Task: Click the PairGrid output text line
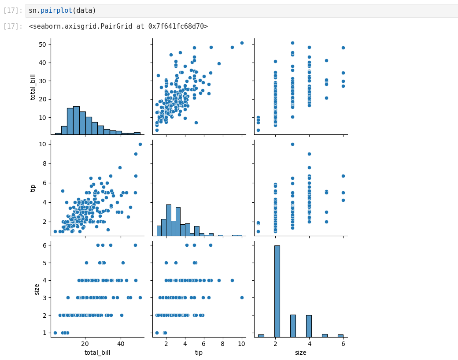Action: (x=118, y=26)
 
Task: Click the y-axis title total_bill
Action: (x=33, y=86)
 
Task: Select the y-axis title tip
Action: (x=33, y=188)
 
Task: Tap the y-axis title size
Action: (x=37, y=289)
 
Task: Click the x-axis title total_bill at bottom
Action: (x=97, y=353)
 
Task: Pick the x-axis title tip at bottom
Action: (x=199, y=353)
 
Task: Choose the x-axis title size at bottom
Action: (x=301, y=353)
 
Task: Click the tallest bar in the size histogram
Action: (x=277, y=291)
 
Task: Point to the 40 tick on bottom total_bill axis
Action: (x=121, y=344)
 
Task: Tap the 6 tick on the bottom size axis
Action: (x=343, y=344)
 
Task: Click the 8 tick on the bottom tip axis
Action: (x=223, y=344)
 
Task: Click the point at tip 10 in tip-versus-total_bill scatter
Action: (x=140, y=144)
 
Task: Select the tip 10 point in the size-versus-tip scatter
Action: (x=242, y=297)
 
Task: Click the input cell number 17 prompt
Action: (x=12, y=11)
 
